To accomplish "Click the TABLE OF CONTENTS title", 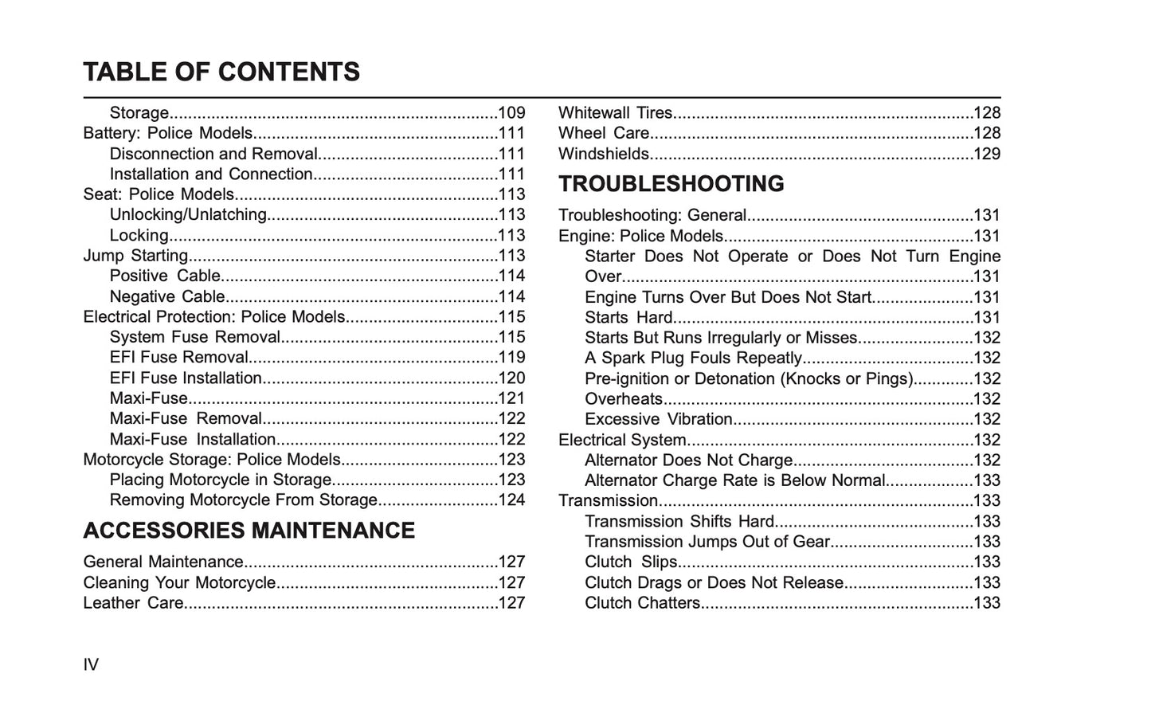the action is pos(221,72).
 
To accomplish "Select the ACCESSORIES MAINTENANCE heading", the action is pos(249,531).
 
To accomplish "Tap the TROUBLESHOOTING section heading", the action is pos(671,184).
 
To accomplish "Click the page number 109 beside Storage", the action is pos(511,113).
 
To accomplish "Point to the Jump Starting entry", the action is pos(136,256).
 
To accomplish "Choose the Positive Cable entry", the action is pos(165,276).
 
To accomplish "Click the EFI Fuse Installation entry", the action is pos(186,378).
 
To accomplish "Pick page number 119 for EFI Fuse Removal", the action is pos(511,358).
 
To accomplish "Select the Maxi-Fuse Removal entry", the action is pos(186,418).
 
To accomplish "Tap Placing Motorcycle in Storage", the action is pos(221,480).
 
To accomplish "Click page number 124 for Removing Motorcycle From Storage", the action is pos(511,500).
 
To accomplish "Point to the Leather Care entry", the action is pos(134,603).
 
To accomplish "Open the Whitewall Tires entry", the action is pos(616,113).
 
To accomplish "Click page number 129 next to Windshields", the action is pos(987,154).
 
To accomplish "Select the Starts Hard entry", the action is pos(629,318).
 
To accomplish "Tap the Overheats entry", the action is pos(624,399).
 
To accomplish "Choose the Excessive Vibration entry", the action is pos(659,419).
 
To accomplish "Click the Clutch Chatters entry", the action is pos(643,603).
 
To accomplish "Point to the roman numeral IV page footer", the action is pos(91,664).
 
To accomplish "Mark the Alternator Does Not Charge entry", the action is pos(689,460).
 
